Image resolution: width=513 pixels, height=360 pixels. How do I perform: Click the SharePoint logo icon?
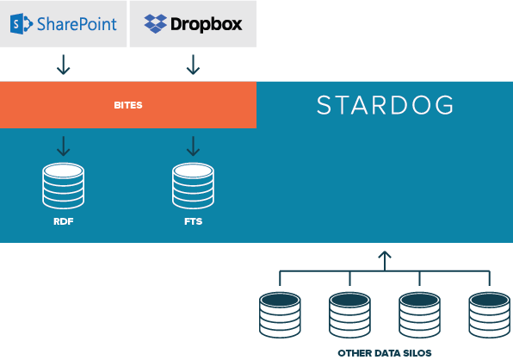(22, 23)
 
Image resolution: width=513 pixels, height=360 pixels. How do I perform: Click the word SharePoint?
(77, 24)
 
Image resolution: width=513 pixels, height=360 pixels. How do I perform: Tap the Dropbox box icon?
(156, 23)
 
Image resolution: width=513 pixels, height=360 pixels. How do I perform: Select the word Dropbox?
(207, 24)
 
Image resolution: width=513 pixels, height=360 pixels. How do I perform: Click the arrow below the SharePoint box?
(63, 65)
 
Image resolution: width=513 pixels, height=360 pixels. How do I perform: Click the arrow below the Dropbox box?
(193, 65)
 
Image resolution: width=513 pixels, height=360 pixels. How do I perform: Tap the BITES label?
(128, 105)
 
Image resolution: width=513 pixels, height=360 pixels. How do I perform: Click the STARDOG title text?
(385, 105)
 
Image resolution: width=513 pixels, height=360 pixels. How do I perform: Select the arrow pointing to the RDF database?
(63, 146)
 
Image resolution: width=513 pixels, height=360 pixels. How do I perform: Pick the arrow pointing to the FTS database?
(193, 146)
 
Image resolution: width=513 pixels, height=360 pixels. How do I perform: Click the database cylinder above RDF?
(63, 185)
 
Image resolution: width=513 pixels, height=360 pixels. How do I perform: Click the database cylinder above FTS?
(193, 185)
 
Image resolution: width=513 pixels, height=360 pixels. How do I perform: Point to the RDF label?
(63, 221)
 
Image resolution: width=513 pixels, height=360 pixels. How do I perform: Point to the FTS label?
(194, 221)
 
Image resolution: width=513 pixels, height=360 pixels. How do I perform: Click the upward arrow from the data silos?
(385, 261)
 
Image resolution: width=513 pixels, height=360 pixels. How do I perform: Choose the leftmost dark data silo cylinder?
(280, 315)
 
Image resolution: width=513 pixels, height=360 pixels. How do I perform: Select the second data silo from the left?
(349, 315)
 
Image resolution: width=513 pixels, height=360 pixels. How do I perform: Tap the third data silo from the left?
(420, 315)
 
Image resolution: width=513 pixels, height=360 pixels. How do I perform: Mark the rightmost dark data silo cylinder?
(490, 315)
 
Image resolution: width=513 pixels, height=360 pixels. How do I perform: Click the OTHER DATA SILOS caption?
(385, 353)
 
